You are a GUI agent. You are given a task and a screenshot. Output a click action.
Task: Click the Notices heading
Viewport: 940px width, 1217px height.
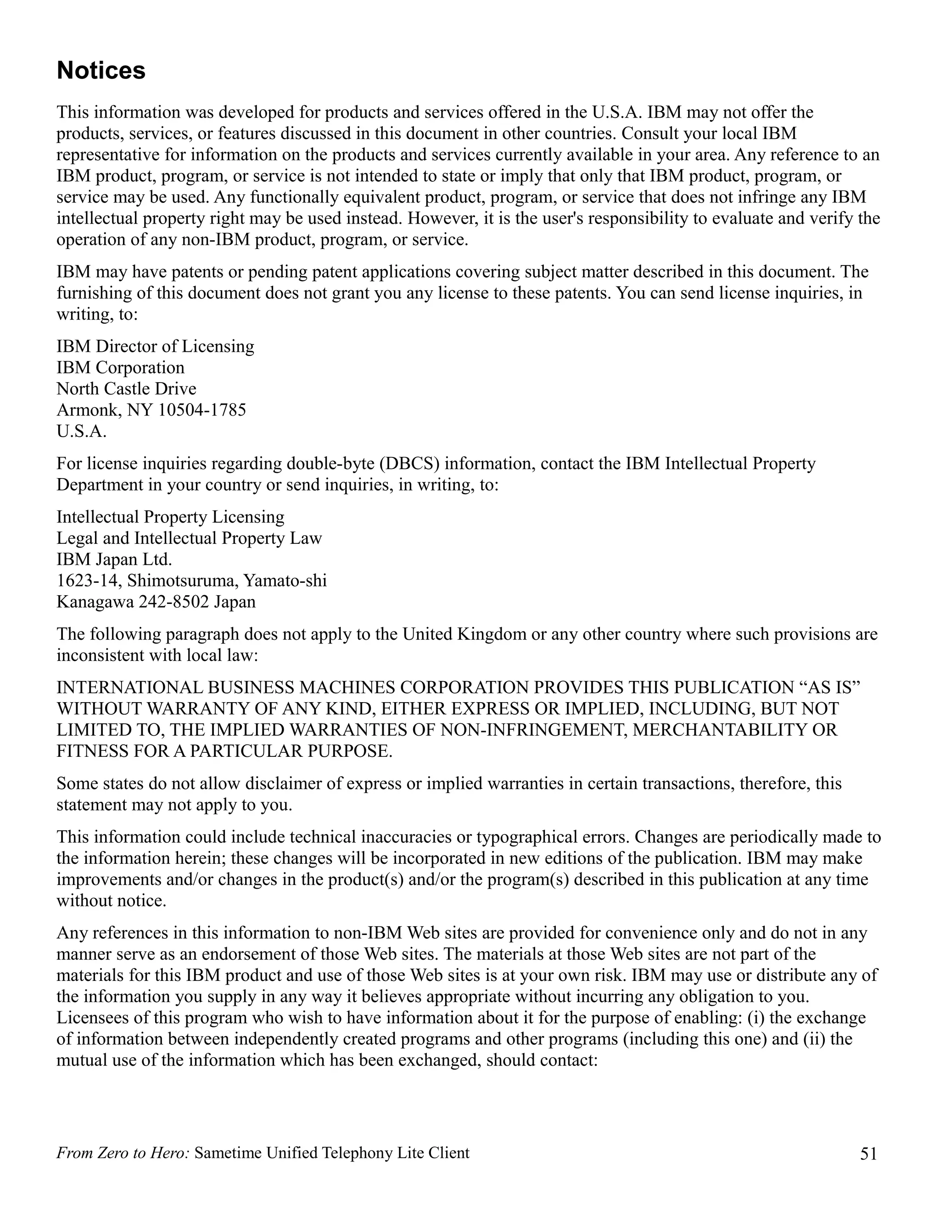[101, 71]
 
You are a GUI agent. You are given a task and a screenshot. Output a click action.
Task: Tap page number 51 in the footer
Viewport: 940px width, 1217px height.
[868, 1154]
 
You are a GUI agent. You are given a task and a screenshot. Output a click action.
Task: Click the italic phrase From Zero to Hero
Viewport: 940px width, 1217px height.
[123, 1153]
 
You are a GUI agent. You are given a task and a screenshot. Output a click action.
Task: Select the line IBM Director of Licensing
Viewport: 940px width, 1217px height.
[156, 347]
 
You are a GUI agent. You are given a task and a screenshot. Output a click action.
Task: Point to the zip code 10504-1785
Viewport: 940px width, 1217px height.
[201, 410]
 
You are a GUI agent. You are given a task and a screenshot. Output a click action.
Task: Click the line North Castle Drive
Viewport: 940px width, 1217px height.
[126, 389]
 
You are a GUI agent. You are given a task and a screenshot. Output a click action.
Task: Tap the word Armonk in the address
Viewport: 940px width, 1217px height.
[88, 410]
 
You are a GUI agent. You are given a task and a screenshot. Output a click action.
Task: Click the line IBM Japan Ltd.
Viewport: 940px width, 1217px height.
[114, 559]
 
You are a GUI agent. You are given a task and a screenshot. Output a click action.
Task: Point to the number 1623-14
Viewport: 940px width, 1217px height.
[87, 580]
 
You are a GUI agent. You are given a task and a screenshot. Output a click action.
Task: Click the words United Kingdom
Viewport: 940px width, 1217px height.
[464, 634]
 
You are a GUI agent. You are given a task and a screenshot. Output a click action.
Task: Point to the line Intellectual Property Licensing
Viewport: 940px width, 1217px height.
[170, 517]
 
